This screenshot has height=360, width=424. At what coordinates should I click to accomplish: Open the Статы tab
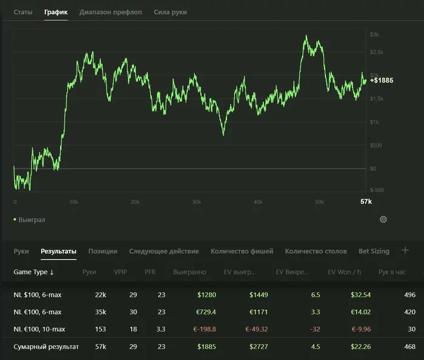pos(23,12)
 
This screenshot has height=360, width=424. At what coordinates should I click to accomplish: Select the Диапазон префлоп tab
pos(111,12)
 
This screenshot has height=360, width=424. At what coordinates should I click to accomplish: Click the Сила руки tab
pos(170,12)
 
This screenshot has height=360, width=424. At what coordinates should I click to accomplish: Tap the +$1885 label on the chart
pos(382,80)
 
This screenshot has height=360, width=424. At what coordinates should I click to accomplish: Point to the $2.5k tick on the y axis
pos(377,52)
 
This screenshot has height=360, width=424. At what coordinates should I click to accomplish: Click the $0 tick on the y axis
pos(373,169)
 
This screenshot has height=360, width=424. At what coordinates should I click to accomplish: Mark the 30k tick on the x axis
pos(197,202)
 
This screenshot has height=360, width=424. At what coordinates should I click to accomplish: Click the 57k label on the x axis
pos(366,201)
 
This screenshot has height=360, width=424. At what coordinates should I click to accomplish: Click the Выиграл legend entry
pos(30,220)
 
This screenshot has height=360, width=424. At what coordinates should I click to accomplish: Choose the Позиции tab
pos(103,251)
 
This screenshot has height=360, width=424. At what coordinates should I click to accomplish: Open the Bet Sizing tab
pos(374,251)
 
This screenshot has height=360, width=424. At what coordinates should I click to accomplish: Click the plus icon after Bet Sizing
pos(405,250)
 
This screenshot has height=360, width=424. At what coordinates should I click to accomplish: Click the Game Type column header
pos(33,272)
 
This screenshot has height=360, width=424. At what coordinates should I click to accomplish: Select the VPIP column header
pos(121,272)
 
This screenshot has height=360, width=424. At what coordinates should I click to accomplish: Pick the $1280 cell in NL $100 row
pos(207,295)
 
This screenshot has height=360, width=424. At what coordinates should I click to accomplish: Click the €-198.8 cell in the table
pos(205,329)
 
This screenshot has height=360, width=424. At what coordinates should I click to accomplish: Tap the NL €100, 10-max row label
pos(39,329)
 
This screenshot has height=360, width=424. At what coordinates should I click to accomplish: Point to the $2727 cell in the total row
pos(259,347)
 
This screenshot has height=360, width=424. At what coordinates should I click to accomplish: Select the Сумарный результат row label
pos(46,347)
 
